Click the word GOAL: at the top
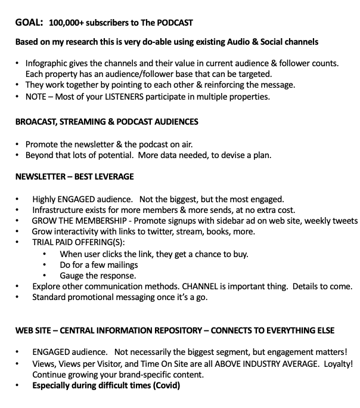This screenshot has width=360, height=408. [29, 23]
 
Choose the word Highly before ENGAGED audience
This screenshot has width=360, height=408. [44, 199]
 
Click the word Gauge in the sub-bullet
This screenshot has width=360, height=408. [72, 276]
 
